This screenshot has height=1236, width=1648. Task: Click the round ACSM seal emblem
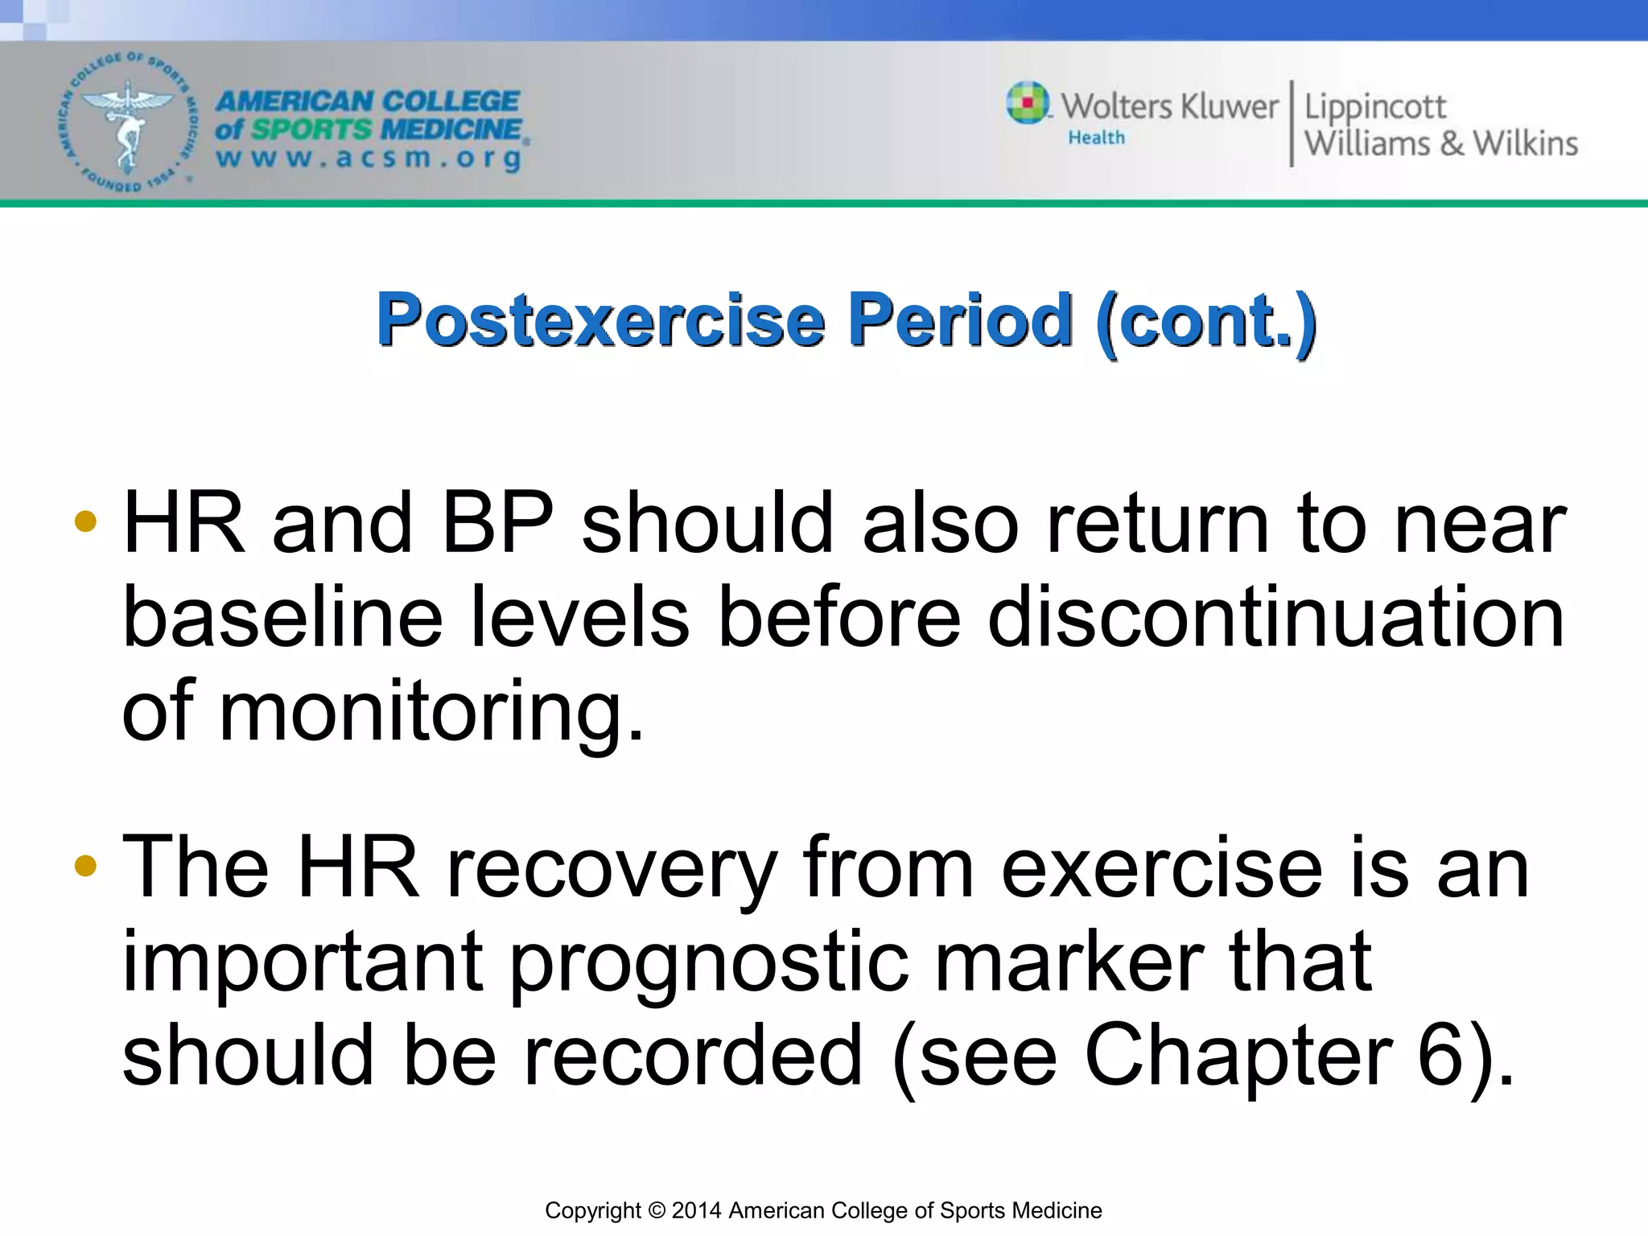click(127, 123)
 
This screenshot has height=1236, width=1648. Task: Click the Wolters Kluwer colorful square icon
click(1028, 103)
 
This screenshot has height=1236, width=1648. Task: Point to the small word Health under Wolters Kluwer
click(1096, 138)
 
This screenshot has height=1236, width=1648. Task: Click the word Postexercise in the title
click(600, 320)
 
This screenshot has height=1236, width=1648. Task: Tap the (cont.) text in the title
click(1205, 320)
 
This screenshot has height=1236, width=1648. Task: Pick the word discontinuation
click(1275, 618)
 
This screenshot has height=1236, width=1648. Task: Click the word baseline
click(282, 618)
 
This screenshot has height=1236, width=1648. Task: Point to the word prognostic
click(708, 962)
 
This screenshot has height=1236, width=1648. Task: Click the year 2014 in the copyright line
click(697, 1210)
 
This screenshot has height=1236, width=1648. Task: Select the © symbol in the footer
click(657, 1210)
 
